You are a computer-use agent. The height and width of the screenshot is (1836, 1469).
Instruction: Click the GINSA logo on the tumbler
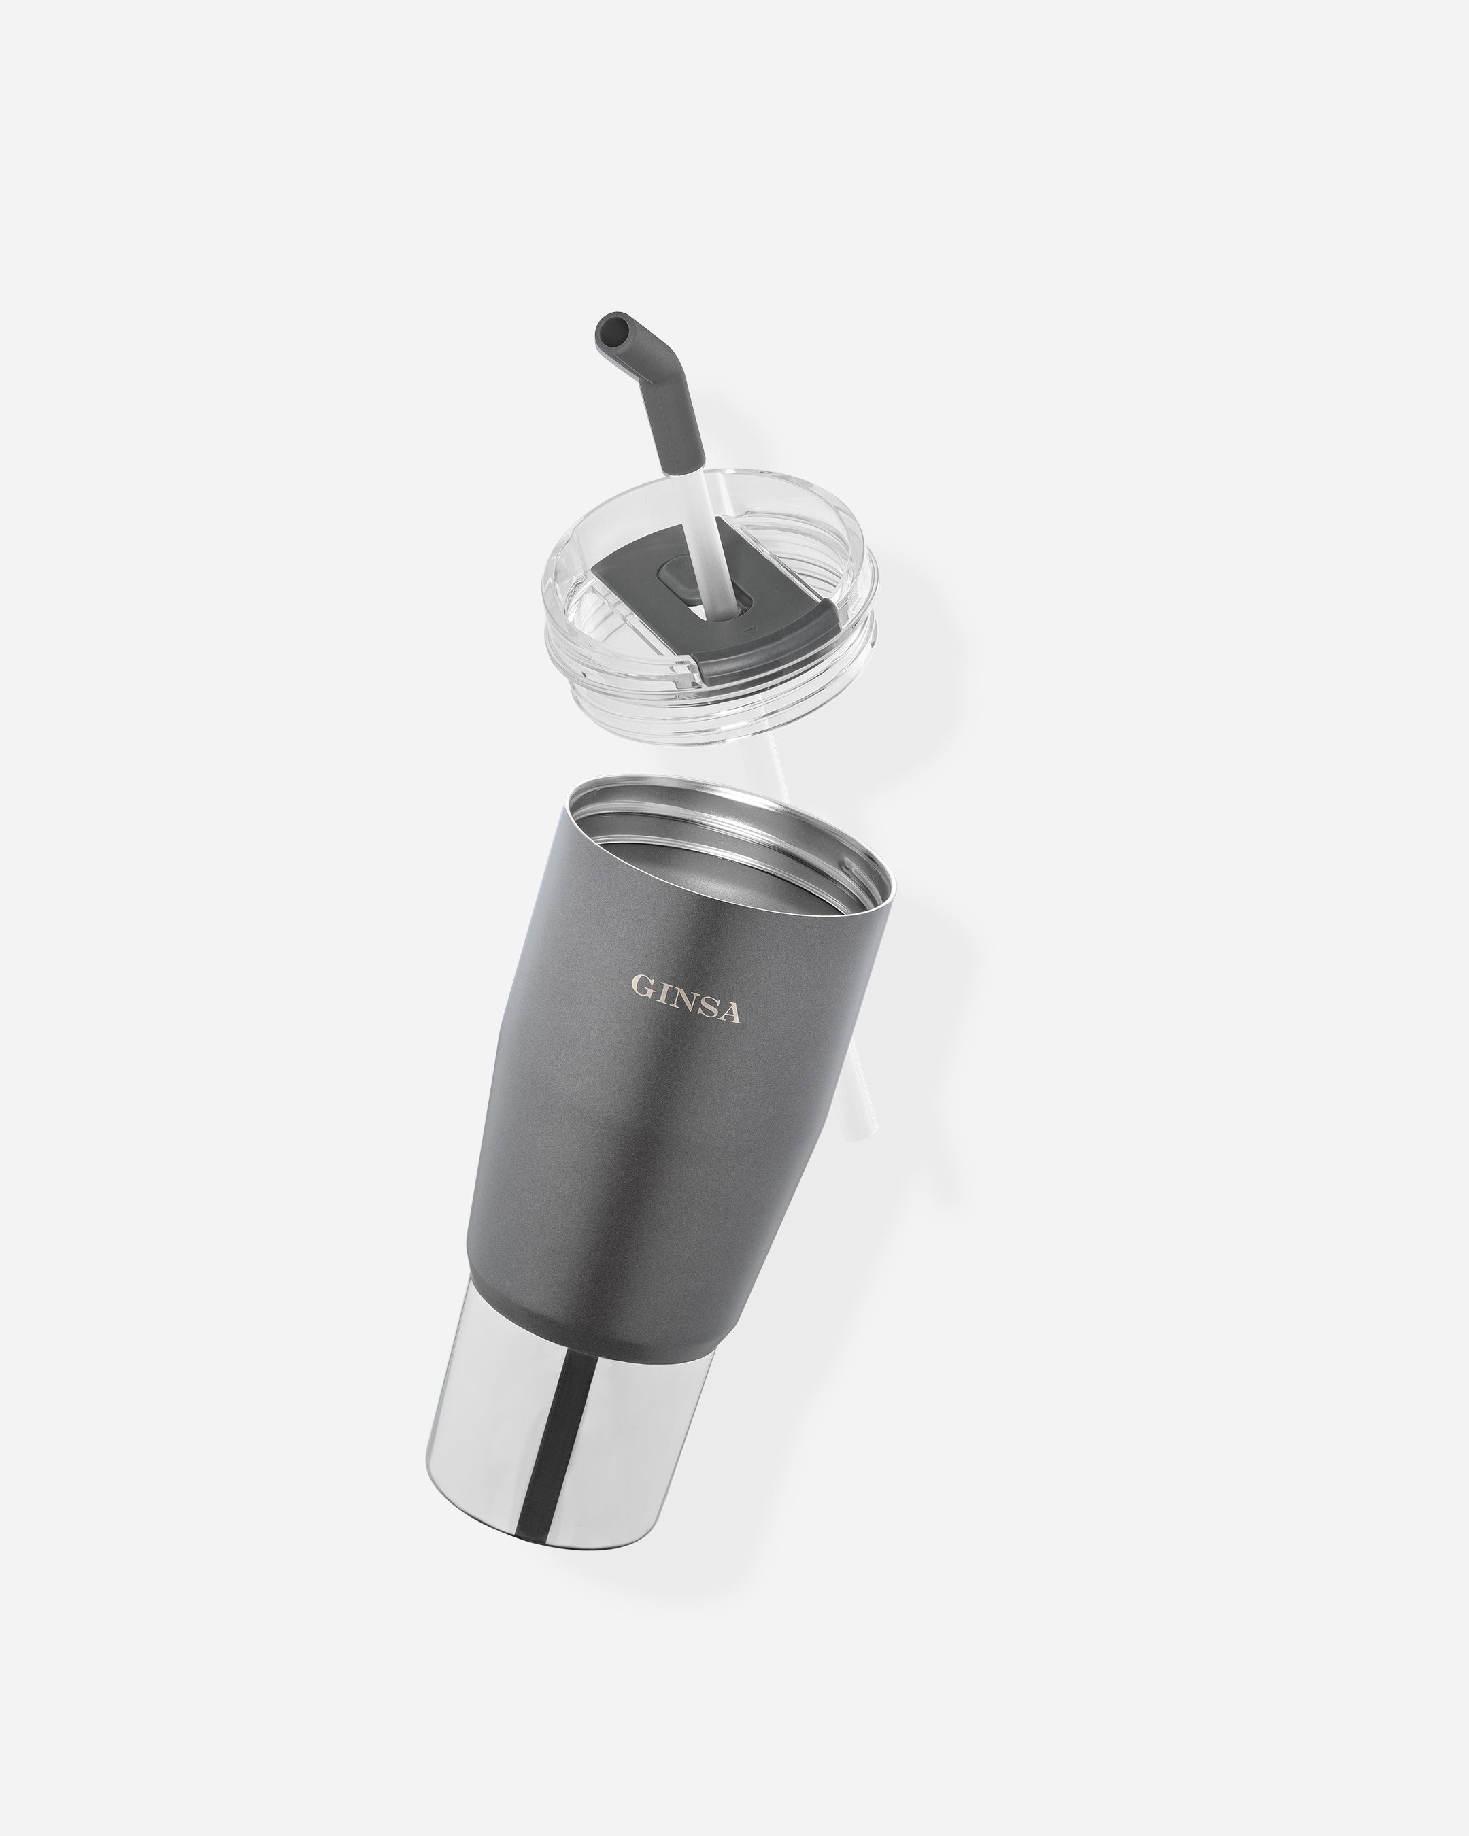(686, 1000)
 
